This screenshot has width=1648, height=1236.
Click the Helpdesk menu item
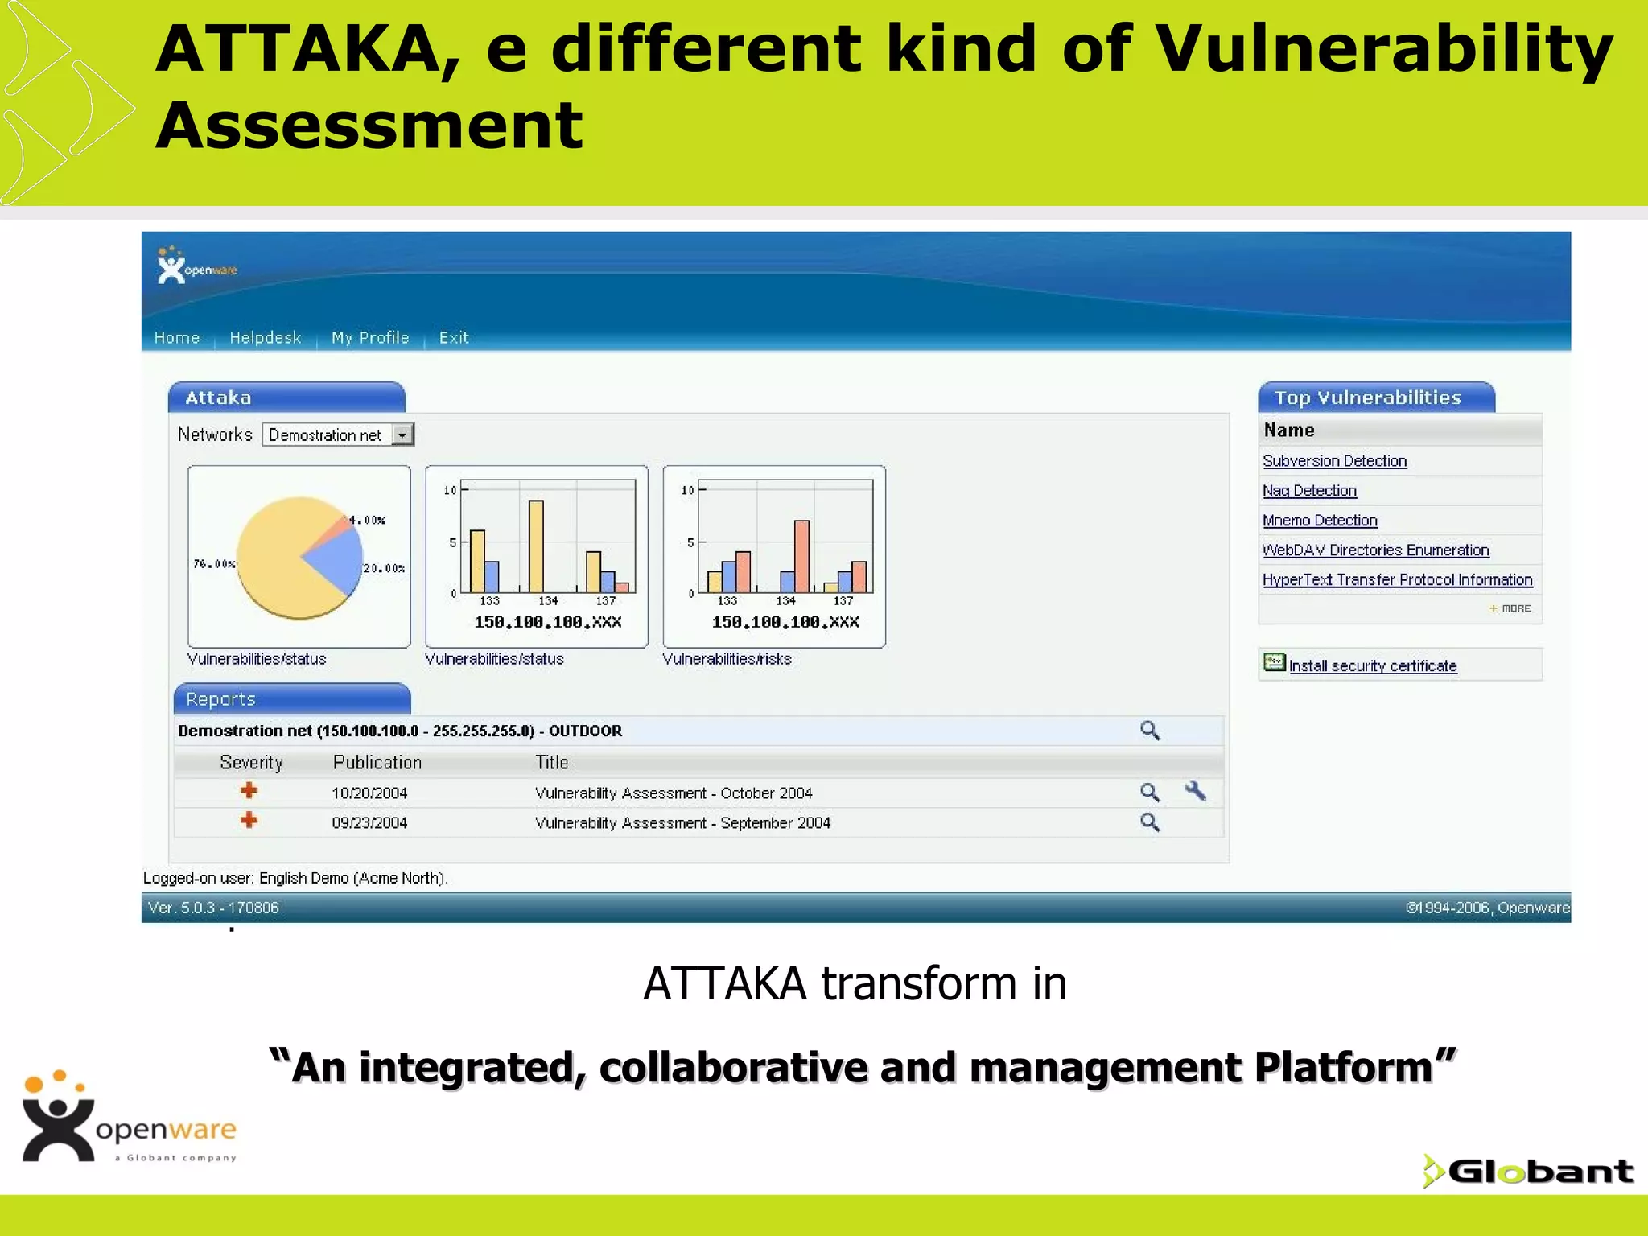(x=265, y=338)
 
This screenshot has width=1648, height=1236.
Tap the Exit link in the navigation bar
(x=454, y=338)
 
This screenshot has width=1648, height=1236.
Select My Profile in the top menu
(x=370, y=338)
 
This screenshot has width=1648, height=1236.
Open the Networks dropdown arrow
(x=402, y=435)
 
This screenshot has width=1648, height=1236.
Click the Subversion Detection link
(x=1334, y=461)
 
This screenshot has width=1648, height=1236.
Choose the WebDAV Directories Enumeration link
(x=1375, y=550)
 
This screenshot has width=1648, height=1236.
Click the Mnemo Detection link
(x=1320, y=521)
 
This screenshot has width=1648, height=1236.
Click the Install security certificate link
(x=1372, y=666)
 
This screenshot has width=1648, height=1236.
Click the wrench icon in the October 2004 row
(x=1196, y=792)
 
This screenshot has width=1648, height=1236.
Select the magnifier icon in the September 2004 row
(x=1150, y=822)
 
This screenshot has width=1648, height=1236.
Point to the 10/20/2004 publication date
(x=369, y=793)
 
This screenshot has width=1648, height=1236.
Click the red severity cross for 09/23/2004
(x=249, y=821)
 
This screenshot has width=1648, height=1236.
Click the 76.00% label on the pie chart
(x=214, y=564)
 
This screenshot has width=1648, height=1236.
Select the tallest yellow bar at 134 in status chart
(x=536, y=547)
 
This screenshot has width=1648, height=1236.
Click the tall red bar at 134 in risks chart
(x=801, y=556)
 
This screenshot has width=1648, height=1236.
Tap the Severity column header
(x=251, y=763)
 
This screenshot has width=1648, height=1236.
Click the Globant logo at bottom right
(x=1529, y=1172)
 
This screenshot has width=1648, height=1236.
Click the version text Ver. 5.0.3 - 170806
(x=213, y=908)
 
